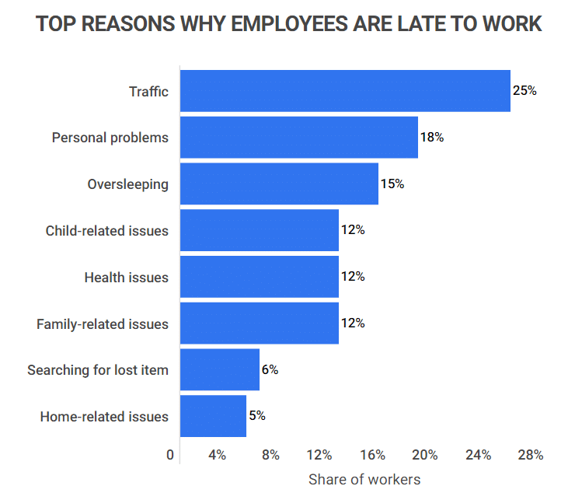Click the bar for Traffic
(x=345, y=91)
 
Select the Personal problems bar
(x=299, y=138)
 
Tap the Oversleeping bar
(x=279, y=184)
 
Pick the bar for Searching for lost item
(x=220, y=370)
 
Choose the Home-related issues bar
(x=213, y=416)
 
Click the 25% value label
(x=524, y=91)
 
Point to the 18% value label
(x=432, y=138)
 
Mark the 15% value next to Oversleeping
(x=392, y=184)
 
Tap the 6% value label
(x=270, y=370)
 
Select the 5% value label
(x=257, y=416)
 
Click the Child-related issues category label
(x=107, y=231)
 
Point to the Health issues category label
(x=126, y=278)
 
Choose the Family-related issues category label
(x=103, y=323)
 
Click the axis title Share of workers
(x=364, y=479)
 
